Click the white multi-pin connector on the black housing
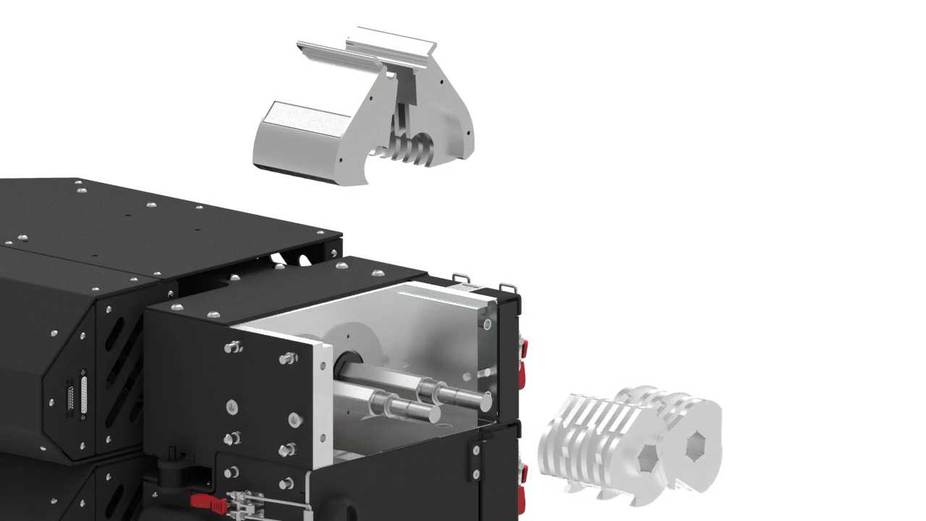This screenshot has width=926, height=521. pos(83,394)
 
